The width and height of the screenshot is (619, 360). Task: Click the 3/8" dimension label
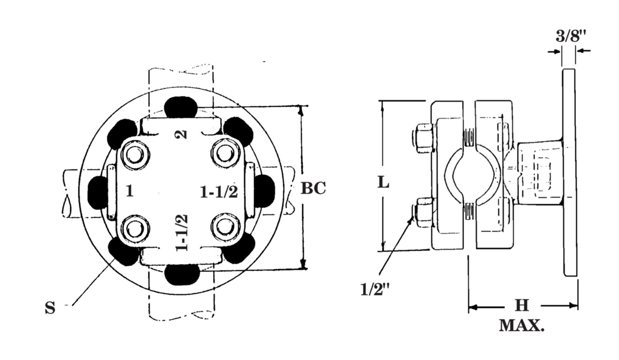tap(571, 36)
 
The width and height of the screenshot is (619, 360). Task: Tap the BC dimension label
tap(313, 188)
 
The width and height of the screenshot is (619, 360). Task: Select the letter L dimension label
tap(384, 182)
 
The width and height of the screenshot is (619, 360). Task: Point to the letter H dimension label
tap(522, 305)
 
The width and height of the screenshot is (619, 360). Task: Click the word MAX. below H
tap(522, 325)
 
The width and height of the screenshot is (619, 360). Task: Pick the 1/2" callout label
tap(375, 289)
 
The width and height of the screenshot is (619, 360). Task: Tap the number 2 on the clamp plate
tap(181, 134)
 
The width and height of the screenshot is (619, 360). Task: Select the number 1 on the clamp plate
tap(129, 191)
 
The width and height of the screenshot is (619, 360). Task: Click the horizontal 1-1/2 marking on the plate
tap(219, 191)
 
